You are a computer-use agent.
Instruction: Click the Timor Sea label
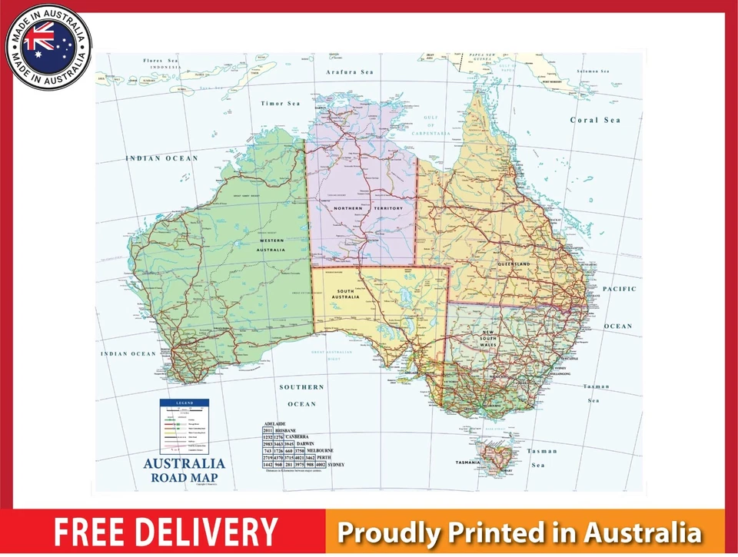281,104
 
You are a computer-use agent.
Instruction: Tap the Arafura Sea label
349,72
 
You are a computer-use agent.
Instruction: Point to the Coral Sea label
595,120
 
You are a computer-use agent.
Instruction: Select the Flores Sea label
161,59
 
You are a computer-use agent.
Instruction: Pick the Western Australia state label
271,246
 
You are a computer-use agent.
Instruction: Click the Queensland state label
514,264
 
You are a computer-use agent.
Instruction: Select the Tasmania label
467,463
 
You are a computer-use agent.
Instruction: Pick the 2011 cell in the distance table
268,431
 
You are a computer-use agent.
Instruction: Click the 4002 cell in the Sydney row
321,465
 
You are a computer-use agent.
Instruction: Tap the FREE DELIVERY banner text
165,532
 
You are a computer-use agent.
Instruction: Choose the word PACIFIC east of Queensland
619,289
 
